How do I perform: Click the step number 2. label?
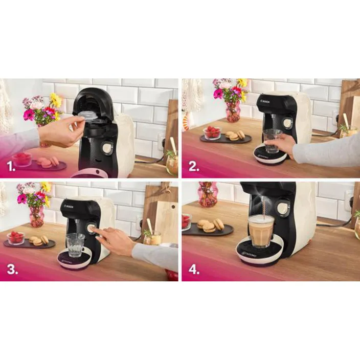click(x=193, y=167)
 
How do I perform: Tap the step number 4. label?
click(x=194, y=269)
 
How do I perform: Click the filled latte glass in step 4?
click(x=261, y=230)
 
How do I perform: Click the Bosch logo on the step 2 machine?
click(x=266, y=102)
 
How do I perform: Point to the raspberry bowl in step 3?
click(x=16, y=237)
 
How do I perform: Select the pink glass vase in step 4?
click(x=208, y=194)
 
